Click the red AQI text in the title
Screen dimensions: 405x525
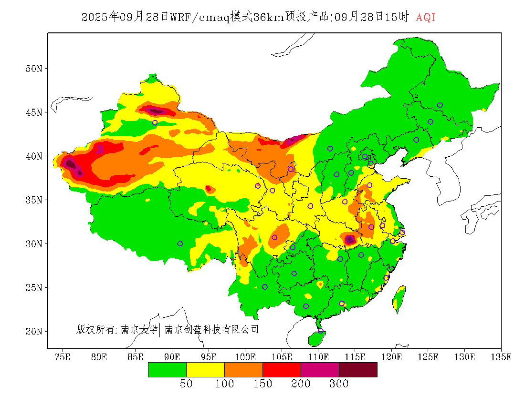426,18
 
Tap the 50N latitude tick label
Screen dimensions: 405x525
34,69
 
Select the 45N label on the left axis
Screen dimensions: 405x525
34,112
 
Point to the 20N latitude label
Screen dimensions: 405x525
34,331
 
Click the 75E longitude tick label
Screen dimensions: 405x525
63,357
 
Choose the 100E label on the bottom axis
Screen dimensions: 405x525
245,357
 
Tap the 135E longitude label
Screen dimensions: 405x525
502,357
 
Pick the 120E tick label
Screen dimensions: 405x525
392,357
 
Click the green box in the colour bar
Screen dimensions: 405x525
167,370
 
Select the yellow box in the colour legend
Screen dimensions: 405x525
205,370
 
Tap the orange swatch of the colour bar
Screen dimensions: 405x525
243,370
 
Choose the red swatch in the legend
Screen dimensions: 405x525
282,370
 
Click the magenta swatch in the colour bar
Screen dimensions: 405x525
320,370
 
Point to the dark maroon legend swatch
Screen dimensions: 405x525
358,370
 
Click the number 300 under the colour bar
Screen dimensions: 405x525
339,384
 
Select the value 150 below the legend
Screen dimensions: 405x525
262,384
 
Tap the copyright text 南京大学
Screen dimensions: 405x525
139,329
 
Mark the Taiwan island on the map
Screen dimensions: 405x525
399,298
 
